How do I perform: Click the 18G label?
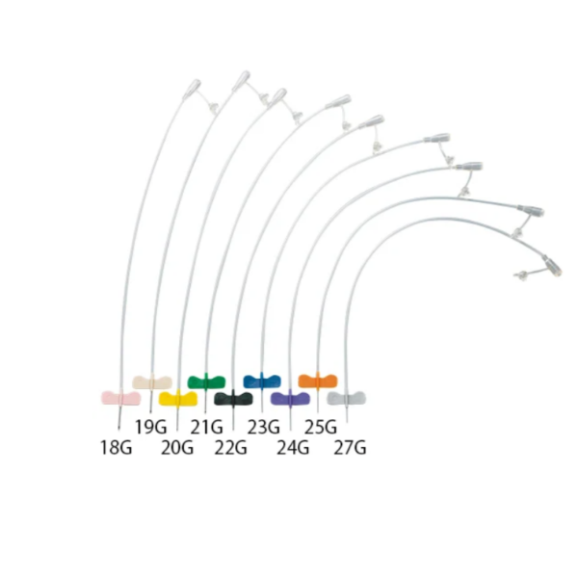(x=117, y=448)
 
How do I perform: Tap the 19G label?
(x=151, y=427)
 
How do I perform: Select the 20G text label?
(x=177, y=448)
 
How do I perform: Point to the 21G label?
(x=207, y=427)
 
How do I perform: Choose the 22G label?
(x=231, y=448)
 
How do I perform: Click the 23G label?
(x=264, y=427)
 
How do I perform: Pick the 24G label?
(x=293, y=448)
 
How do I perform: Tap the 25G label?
(x=321, y=427)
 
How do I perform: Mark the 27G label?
(x=351, y=448)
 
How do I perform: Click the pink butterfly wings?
(x=121, y=398)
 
